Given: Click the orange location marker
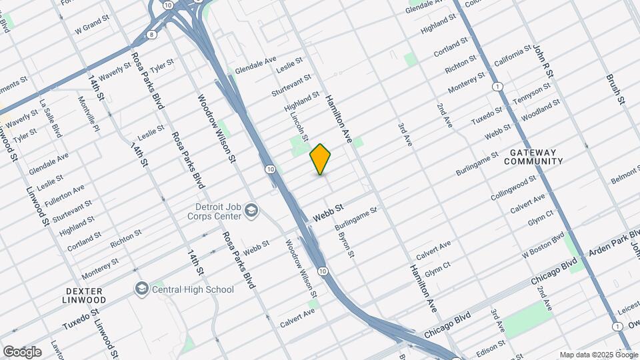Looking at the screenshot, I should pos(321,159).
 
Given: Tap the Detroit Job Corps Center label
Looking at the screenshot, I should pos(217,211).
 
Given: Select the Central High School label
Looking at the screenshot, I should pos(193,289).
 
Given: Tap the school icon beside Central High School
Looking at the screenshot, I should pos(141,289).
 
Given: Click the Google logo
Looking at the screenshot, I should pos(22,351).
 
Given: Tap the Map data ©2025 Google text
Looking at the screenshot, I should pos(598,355).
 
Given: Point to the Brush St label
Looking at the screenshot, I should pos(614,89).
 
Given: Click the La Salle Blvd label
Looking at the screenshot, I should pos(51,120).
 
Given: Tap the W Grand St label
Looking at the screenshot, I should pos(92,27).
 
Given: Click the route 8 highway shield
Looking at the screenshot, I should pos(153,34).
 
